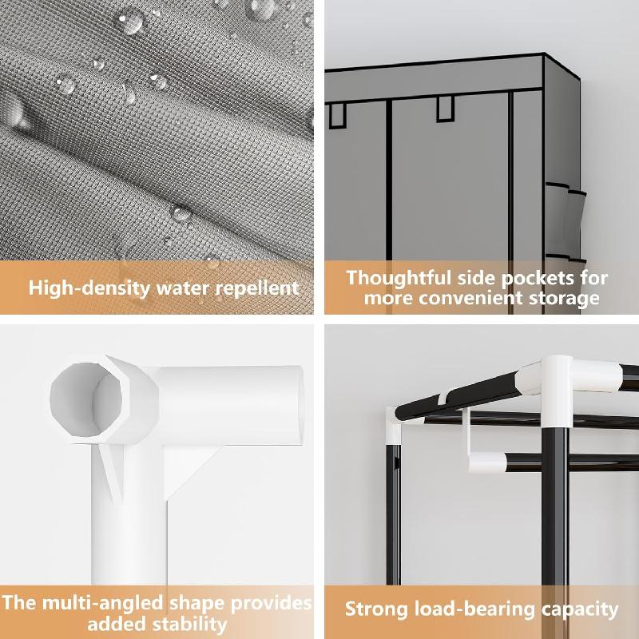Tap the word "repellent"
(x=257, y=288)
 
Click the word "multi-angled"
(x=104, y=603)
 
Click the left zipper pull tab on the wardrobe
(x=337, y=116)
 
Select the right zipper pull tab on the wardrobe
(x=445, y=109)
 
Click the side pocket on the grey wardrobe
(x=566, y=221)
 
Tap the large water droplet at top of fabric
(x=129, y=21)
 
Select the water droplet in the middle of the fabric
(x=181, y=212)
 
